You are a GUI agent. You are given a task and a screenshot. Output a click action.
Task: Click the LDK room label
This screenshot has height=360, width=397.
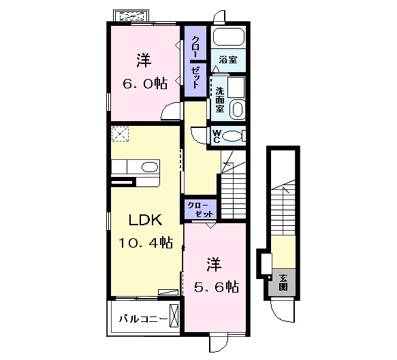tap(145, 220)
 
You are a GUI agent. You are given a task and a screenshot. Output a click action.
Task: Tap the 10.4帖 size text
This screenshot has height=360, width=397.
tap(146, 243)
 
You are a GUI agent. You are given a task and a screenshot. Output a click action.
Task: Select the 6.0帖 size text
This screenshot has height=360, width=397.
tap(145, 84)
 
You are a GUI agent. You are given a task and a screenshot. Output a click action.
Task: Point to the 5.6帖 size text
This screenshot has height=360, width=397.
tap(217, 287)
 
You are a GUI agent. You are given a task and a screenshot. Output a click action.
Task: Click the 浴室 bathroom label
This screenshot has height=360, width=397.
tap(228, 60)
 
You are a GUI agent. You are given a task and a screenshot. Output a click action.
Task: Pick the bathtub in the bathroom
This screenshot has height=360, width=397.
tap(229, 37)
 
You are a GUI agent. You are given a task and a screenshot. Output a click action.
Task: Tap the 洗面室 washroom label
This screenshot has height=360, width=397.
tap(220, 100)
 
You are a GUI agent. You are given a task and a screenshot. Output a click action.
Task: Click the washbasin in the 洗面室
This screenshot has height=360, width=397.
tap(238, 110)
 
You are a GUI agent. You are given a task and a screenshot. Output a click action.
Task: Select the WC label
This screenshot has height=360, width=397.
tap(216, 137)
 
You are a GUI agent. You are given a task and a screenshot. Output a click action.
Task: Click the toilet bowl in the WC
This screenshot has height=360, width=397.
tap(232, 136)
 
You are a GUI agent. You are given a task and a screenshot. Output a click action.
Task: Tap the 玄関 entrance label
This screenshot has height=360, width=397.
tap(283, 282)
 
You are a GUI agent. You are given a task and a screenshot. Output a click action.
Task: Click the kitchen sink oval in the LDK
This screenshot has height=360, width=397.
tap(150, 167)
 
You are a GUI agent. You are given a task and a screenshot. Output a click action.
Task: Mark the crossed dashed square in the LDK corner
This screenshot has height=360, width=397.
tap(120, 134)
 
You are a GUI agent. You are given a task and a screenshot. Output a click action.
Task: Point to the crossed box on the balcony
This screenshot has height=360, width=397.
tap(174, 316)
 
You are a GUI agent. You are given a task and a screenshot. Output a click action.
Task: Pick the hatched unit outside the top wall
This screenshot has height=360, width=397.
tap(131, 16)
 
